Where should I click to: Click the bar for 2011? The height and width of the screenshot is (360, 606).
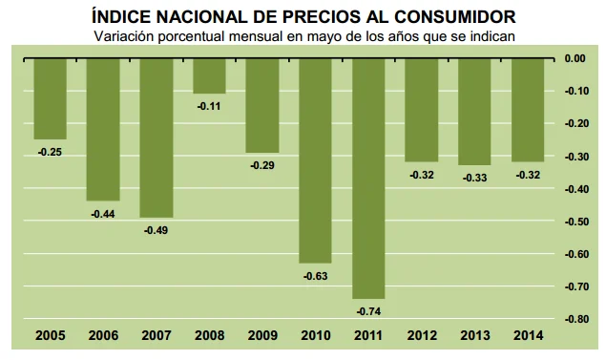(368, 179)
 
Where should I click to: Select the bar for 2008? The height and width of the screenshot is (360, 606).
(209, 75)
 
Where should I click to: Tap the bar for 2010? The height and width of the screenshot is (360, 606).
(315, 160)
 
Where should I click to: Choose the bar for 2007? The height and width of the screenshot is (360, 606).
(157, 138)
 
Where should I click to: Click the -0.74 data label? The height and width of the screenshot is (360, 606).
(368, 311)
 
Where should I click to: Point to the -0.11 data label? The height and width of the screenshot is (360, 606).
(209, 106)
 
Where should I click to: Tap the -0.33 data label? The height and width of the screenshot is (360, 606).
(474, 178)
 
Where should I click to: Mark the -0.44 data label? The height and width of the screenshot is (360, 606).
(103, 213)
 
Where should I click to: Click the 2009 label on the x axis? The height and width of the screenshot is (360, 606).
(262, 336)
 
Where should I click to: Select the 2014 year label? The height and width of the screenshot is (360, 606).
(528, 336)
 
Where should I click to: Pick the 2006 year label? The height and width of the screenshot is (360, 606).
(103, 336)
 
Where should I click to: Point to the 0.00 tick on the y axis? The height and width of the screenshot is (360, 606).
(575, 58)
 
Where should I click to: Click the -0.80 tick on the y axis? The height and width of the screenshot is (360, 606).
(574, 319)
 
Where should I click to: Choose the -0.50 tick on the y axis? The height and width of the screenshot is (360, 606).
(574, 222)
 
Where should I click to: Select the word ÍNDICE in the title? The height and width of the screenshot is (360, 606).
(122, 16)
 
